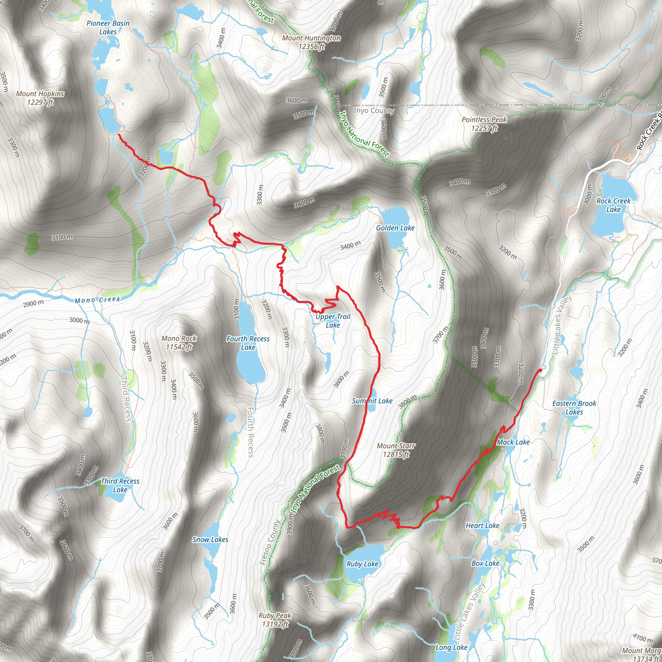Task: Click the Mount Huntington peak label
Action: (311, 42)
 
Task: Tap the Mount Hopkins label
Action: (40, 98)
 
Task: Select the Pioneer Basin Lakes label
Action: (108, 27)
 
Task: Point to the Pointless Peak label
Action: (484, 124)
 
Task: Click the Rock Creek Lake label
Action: (613, 205)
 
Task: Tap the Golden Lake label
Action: (395, 228)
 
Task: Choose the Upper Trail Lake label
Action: (333, 321)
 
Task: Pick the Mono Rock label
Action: (179, 342)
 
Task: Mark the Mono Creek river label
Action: (98, 300)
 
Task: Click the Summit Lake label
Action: (372, 401)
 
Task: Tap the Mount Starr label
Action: (396, 450)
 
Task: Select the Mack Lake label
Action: (513, 442)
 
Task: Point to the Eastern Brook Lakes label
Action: (574, 407)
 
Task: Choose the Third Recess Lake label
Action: (120, 485)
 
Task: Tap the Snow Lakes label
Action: (210, 539)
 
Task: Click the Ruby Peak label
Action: (275, 620)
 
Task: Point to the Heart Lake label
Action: (482, 525)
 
